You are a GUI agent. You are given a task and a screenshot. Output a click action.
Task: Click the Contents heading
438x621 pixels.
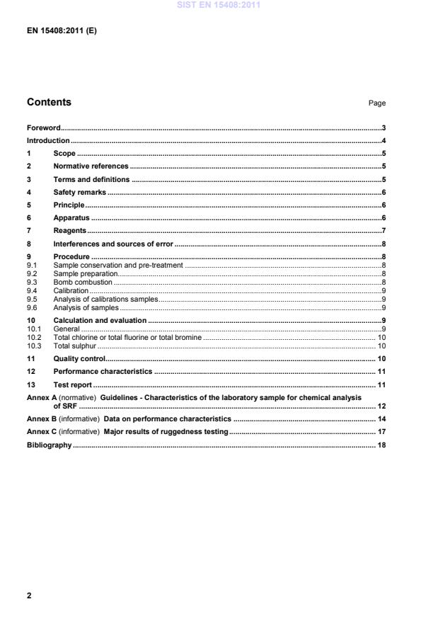tap(49, 102)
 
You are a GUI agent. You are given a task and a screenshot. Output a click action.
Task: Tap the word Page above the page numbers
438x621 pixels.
tap(376, 103)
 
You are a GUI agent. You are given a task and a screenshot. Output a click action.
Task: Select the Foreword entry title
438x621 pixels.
tap(43, 128)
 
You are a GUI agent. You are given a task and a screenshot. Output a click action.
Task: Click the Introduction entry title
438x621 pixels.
tap(48, 141)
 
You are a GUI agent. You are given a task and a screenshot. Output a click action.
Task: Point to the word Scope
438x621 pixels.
tap(64, 154)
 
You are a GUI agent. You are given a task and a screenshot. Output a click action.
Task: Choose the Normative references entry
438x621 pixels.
tap(91, 166)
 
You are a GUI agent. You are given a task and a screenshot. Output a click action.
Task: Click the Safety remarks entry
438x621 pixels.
tap(80, 193)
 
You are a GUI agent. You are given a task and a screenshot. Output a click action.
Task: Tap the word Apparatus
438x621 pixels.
tap(71, 218)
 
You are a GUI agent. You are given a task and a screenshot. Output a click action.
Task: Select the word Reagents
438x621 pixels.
tap(70, 231)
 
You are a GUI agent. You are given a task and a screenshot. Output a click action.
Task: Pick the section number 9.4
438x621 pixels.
tap(32, 290)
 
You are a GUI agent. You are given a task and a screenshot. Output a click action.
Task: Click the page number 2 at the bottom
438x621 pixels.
tap(29, 596)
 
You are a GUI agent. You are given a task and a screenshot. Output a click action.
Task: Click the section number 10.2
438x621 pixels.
tap(33, 338)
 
